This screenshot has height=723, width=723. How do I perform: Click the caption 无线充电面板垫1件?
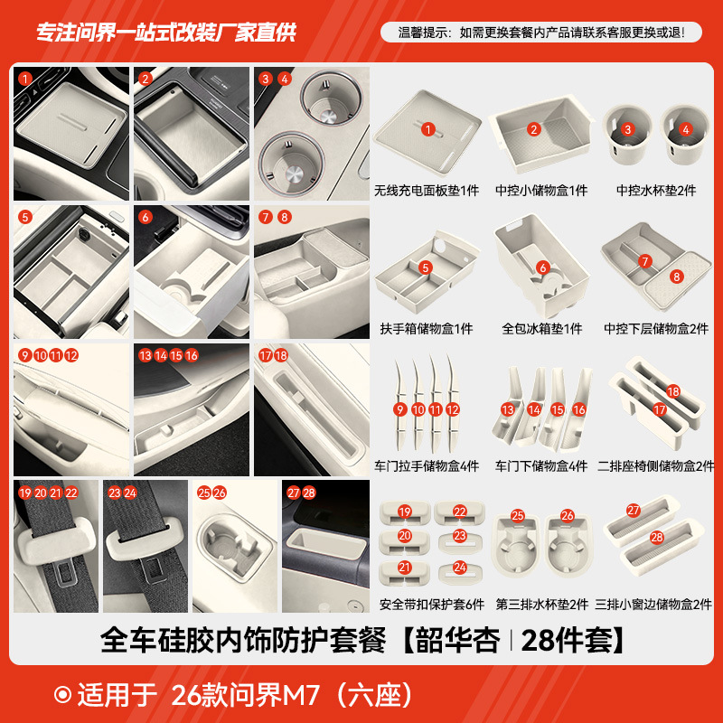pos(427,192)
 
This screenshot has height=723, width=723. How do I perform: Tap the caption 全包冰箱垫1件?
pos(542,329)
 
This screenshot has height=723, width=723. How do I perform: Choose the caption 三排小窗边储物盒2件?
pos(655,604)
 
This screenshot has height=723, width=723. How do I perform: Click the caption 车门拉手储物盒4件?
pos(427,466)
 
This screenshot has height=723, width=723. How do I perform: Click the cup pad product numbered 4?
pos(684,136)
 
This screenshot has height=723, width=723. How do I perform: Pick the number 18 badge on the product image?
pos(672,391)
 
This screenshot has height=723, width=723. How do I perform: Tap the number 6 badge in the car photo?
pos(145,217)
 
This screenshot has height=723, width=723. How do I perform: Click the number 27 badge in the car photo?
pos(293,493)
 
